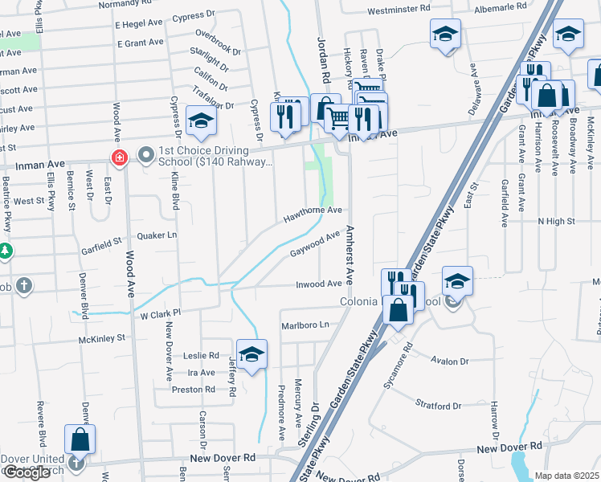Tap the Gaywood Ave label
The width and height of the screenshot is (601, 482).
(x=314, y=244)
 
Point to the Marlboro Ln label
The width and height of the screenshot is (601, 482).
(x=305, y=325)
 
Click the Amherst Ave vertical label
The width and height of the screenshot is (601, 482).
(x=350, y=254)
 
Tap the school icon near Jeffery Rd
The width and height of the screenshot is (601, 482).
(x=251, y=354)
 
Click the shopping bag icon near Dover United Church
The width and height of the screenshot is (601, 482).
(x=80, y=439)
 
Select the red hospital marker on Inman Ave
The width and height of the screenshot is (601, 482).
(x=119, y=157)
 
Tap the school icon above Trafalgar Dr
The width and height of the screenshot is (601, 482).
(x=201, y=121)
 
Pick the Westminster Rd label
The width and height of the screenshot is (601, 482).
(x=399, y=12)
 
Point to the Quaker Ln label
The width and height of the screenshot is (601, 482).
(x=160, y=235)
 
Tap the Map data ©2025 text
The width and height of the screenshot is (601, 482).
(x=567, y=476)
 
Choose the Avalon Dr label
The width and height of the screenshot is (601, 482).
(x=449, y=361)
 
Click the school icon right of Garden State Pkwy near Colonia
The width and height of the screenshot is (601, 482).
(x=457, y=282)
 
